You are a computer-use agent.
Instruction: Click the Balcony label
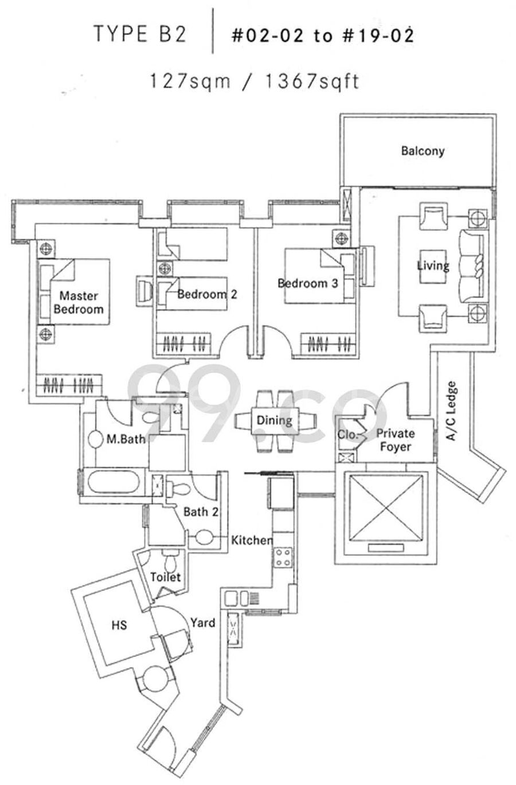(x=423, y=151)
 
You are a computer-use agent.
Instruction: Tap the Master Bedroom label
(x=79, y=302)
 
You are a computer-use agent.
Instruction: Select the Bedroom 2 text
(x=207, y=294)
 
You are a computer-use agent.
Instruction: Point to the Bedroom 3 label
(x=307, y=283)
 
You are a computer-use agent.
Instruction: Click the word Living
(x=433, y=265)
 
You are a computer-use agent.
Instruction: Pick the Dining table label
(x=274, y=420)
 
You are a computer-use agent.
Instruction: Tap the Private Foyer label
(x=395, y=440)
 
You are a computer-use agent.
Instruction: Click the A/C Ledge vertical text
(x=451, y=411)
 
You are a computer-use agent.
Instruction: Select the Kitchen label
(x=252, y=540)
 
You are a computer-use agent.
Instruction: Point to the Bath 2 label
(x=201, y=512)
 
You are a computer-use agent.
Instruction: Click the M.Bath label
(x=126, y=439)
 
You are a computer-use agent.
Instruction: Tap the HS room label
(x=119, y=625)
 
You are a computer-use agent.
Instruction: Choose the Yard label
(x=203, y=623)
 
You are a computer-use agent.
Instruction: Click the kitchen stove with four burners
(x=283, y=557)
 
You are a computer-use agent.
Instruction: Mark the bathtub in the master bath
(x=114, y=482)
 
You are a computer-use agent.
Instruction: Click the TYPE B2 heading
(x=140, y=34)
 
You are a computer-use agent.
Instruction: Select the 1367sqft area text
(x=312, y=81)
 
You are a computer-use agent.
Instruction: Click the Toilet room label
(x=165, y=577)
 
